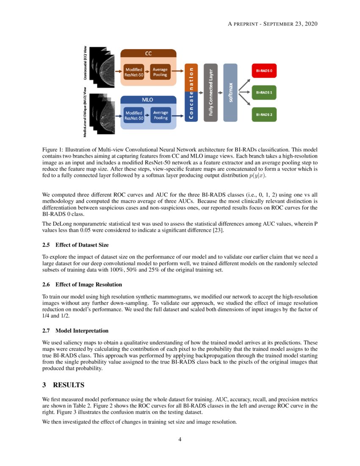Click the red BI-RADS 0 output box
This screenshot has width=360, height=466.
point(264,71)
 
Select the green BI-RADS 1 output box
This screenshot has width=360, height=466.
point(264,92)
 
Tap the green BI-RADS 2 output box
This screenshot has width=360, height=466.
point(264,114)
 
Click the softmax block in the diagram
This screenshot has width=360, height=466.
point(230,93)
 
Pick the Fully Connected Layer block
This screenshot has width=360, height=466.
point(210,93)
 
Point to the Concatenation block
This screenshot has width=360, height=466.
point(191,93)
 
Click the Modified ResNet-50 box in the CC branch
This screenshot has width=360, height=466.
point(134,72)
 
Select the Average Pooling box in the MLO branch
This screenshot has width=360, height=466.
point(161,115)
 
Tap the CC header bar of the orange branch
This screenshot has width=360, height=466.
point(148,53)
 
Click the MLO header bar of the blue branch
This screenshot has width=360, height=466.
point(148,100)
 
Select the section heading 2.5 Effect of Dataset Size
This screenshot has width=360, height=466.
point(75,245)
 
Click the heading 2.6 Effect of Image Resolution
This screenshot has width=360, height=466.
point(82,284)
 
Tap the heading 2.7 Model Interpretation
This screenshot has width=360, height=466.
point(75,330)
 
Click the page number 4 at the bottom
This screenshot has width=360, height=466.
point(180,439)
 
